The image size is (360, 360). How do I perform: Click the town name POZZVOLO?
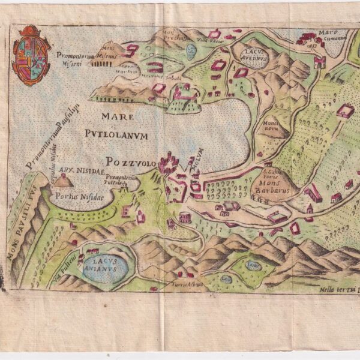(x=130, y=163)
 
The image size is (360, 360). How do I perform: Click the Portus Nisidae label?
(x=74, y=196)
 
